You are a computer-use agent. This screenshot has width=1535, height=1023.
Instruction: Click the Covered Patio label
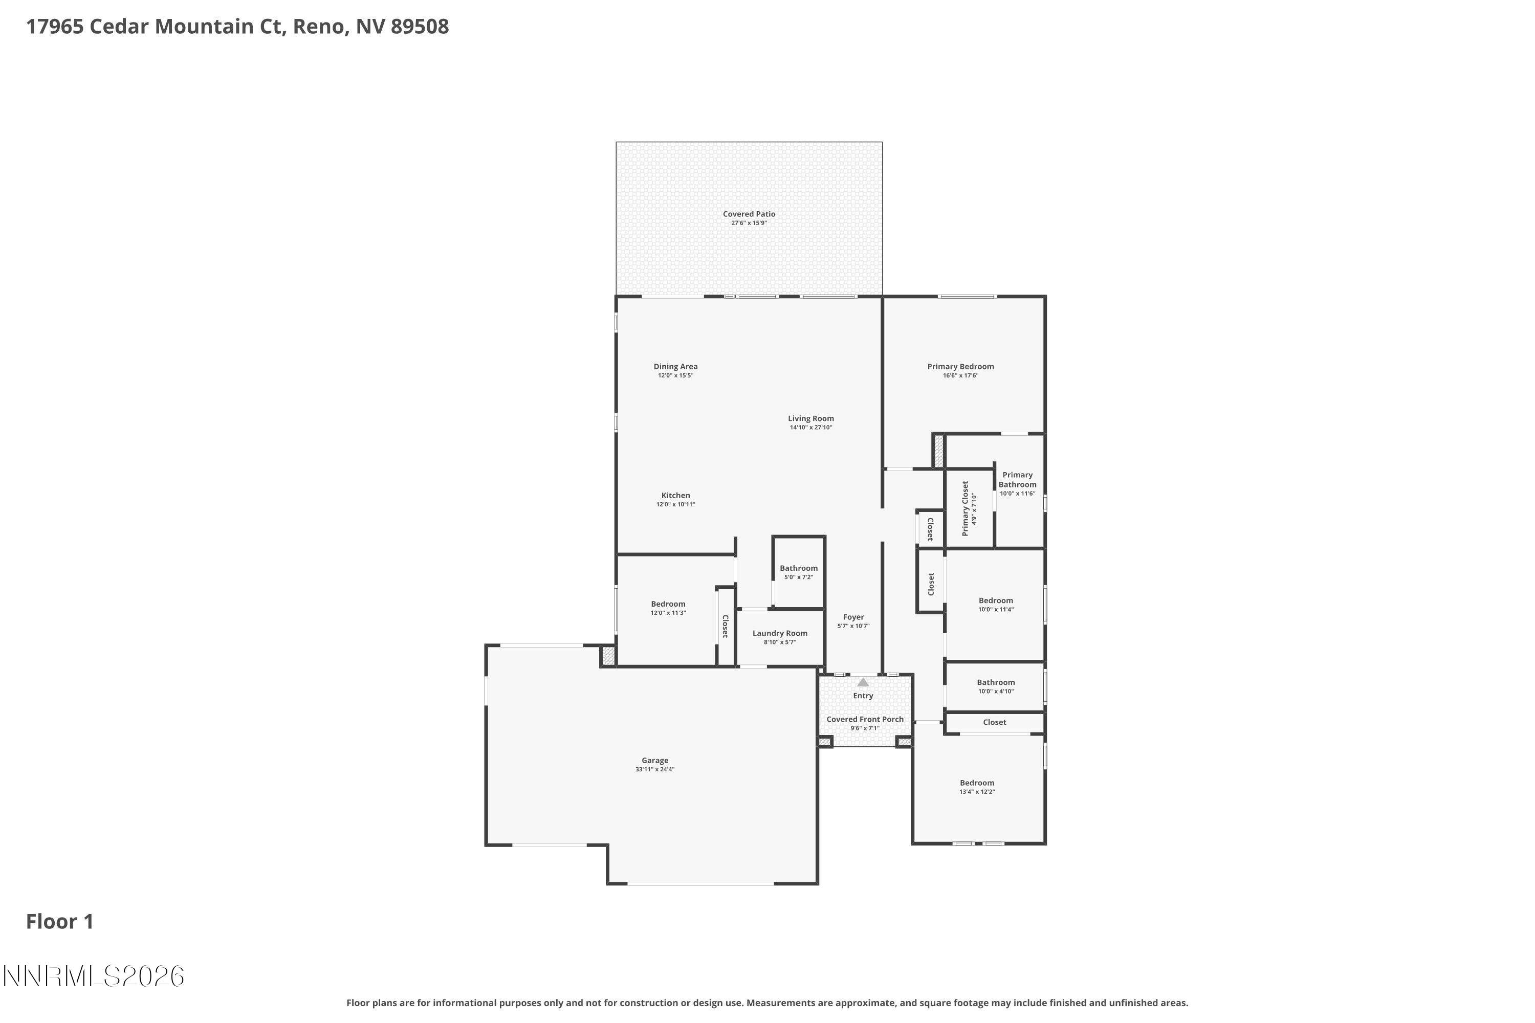tap(749, 214)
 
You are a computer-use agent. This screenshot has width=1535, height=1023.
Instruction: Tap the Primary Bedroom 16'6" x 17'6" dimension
tap(960, 376)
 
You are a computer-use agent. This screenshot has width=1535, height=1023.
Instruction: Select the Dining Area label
tap(675, 367)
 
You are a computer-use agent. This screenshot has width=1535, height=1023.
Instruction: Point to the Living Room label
tap(810, 419)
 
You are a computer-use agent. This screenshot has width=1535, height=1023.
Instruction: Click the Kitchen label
tap(675, 496)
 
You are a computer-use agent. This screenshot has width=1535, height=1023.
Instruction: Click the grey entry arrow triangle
tap(863, 682)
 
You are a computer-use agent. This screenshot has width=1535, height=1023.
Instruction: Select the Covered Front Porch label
tap(865, 720)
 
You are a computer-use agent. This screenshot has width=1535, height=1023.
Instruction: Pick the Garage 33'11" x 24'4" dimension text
tap(654, 770)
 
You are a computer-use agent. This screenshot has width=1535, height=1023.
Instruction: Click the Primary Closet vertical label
tap(965, 509)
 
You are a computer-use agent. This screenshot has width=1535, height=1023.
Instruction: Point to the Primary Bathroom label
tap(1017, 480)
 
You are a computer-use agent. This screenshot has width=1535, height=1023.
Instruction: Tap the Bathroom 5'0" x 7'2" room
tap(798, 572)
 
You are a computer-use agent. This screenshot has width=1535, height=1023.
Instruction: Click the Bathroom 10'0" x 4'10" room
tap(995, 686)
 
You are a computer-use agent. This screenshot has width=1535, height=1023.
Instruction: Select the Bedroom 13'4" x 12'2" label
tap(976, 783)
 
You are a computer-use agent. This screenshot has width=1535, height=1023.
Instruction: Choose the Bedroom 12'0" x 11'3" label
tap(668, 604)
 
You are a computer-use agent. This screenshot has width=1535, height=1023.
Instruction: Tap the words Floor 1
tap(59, 922)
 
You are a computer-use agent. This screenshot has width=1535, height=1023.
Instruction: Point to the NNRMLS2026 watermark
tap(93, 976)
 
